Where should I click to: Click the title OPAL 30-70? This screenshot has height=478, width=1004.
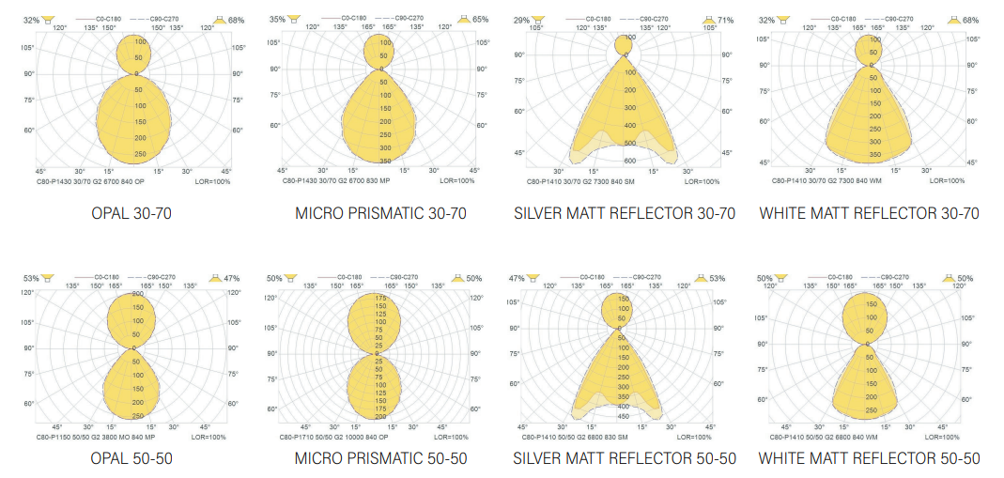tap(131, 213)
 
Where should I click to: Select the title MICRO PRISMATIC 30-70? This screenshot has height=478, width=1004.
tap(380, 213)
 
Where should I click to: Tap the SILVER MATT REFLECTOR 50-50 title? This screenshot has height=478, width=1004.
tap(625, 458)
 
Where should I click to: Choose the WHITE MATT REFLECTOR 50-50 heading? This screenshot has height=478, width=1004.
tap(869, 458)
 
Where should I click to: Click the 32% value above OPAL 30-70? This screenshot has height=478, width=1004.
tap(32, 20)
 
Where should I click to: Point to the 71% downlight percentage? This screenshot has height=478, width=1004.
tap(725, 20)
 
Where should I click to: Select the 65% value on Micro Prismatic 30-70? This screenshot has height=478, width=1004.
tap(480, 20)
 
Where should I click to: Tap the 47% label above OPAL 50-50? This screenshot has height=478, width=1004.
tap(231, 278)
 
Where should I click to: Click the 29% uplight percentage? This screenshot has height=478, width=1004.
tap(521, 20)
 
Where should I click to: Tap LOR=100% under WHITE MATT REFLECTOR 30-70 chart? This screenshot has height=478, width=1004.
tap(943, 180)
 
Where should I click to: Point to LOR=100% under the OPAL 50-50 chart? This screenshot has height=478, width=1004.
tap(209, 437)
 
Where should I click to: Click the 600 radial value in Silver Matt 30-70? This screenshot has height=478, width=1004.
tap(627, 145)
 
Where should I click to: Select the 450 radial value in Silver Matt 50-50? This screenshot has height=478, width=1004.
tap(624, 415)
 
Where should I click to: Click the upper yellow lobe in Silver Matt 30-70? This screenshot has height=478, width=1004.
tap(625, 45)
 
